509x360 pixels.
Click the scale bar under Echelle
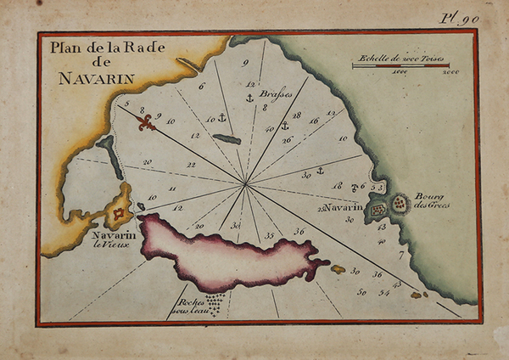pos(400,65)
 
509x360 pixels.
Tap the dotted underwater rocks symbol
pos(215,304)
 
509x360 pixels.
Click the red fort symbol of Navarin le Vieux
pos(120,213)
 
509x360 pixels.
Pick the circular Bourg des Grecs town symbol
pos(399,203)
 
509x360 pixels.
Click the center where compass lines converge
pos(246,183)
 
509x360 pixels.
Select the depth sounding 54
pos(384,292)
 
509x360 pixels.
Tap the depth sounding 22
pos(191,165)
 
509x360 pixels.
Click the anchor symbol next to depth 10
pos(222,117)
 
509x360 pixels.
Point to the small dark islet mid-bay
pos(227,138)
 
